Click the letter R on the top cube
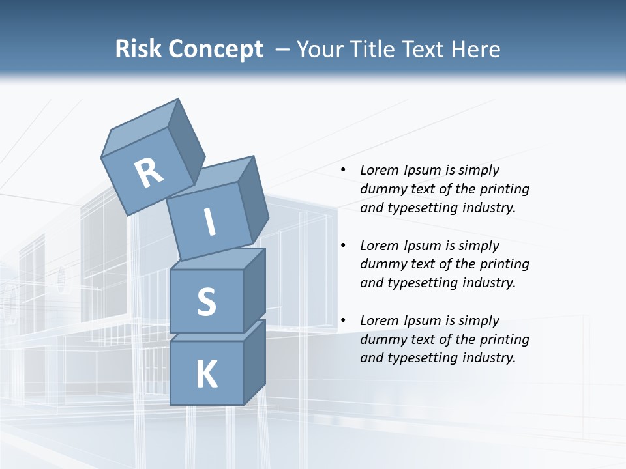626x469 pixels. (x=149, y=173)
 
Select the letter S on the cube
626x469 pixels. (x=206, y=302)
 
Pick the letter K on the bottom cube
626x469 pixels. (x=206, y=375)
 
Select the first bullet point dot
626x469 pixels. (x=344, y=170)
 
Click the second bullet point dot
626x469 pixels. (x=344, y=246)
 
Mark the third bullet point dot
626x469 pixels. (x=344, y=320)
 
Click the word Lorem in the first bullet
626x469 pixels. (x=378, y=170)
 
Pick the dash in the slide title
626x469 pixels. (x=283, y=50)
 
